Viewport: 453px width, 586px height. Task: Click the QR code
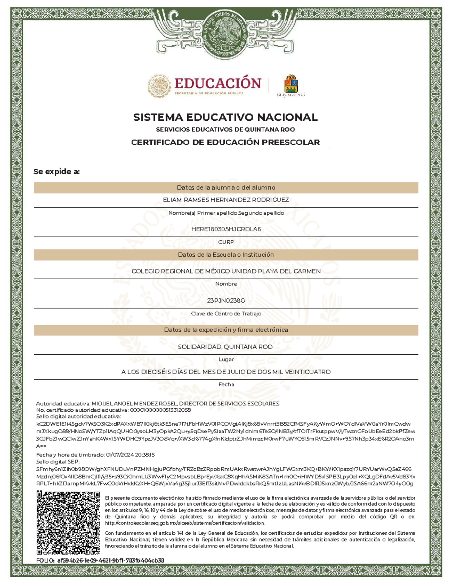pos(68,522)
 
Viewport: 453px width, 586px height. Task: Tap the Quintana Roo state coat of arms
pos(291,84)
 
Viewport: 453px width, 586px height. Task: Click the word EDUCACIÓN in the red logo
pos(218,83)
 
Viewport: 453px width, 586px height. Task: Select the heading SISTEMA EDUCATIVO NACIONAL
pos(225,117)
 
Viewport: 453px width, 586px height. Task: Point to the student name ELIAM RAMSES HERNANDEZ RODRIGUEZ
pos(226,200)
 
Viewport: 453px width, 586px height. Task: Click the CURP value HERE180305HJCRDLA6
pos(226,229)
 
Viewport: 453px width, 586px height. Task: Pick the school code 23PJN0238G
pos(226,301)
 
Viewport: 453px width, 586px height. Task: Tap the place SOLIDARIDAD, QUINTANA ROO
pos(225,347)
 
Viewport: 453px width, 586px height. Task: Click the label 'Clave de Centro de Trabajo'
pos(226,314)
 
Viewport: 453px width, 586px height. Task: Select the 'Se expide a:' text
pos(57,172)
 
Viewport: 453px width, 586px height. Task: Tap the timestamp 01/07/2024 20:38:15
pos(131,455)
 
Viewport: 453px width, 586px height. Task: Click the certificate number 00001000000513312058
pos(160,410)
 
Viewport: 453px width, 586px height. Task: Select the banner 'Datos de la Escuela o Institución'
pos(226,255)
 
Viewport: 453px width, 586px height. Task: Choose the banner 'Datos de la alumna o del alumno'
pos(226,188)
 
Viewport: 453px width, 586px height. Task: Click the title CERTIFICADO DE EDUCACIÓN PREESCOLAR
pos(225,142)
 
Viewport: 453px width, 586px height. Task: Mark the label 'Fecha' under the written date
pos(226,385)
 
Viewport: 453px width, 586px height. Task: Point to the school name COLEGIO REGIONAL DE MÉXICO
pos(226,271)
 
